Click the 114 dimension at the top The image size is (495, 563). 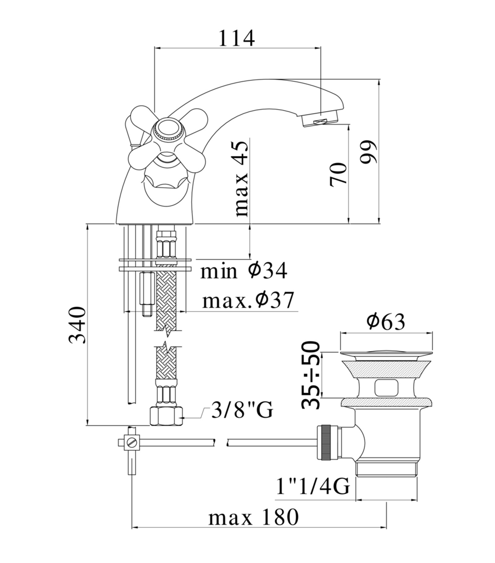pos(237,38)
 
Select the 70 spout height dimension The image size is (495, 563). pos(338,174)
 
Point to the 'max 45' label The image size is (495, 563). pos(242,178)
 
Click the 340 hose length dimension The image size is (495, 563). pos(76,325)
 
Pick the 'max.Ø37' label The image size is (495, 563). pos(247,300)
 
